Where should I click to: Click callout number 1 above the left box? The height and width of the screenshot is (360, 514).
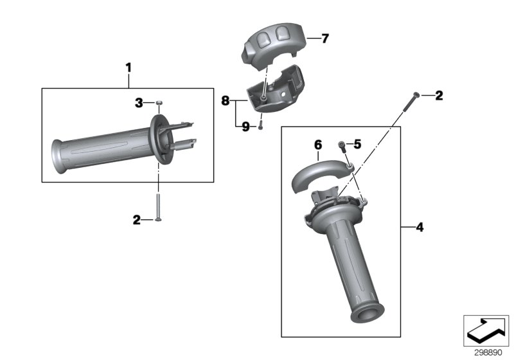point(128,67)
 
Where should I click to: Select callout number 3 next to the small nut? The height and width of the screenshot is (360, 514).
point(138,102)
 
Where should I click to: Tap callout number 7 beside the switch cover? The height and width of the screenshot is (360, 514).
point(324,39)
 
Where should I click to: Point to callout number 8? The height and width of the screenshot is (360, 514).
point(225,100)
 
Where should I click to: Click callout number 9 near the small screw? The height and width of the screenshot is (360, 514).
point(245,127)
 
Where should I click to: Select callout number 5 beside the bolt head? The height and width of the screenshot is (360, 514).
point(358,145)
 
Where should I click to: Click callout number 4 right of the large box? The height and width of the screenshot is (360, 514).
point(420,226)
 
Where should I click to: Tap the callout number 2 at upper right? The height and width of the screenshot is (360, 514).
point(439,96)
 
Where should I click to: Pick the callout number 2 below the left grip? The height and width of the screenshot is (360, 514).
point(137,220)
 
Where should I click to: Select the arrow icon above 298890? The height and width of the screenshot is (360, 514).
point(486,330)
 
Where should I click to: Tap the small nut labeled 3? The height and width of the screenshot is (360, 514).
point(158,102)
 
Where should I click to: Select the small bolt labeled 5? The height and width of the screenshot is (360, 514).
point(341,145)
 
